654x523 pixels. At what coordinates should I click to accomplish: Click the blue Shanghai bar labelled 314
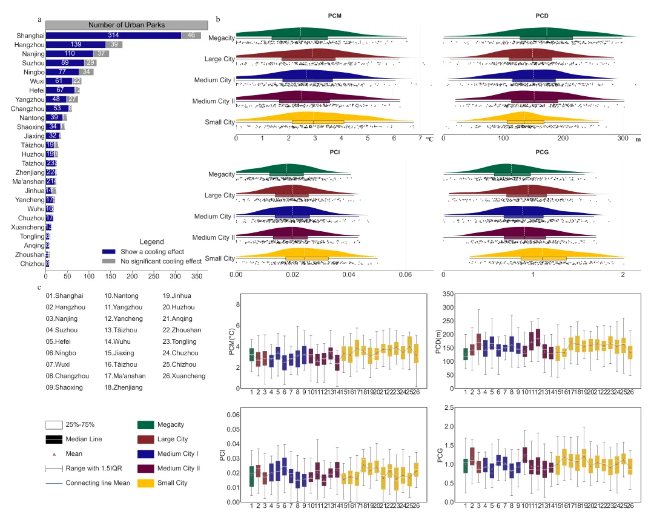pos(114,36)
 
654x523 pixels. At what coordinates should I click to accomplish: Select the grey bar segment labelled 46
pos(191,36)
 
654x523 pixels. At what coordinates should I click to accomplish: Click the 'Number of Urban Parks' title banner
pos(127,25)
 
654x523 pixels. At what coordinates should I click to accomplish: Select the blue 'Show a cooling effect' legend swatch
pos(109,252)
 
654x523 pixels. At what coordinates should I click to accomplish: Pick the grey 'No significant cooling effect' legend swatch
pos(109,261)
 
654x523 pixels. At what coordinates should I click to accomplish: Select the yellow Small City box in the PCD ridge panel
pos(525,122)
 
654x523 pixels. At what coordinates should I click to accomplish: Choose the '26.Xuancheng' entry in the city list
pos(184,376)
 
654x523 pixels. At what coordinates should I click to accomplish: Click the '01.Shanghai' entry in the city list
pos(64,296)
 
